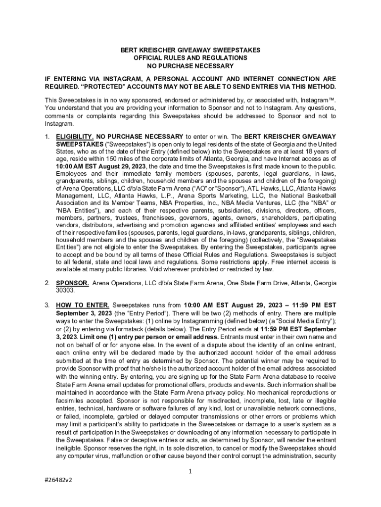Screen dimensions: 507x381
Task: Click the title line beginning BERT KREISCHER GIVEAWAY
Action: pos(190,51)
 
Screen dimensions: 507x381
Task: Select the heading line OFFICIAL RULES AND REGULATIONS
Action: pos(190,58)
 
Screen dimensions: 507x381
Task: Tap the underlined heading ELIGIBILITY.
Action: pos(74,136)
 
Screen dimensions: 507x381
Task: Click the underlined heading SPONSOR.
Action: pos(73,283)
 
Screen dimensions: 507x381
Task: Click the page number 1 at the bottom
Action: pos(190,471)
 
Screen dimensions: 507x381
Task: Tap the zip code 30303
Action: pos(65,291)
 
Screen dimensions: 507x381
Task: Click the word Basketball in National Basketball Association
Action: pos(319,196)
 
